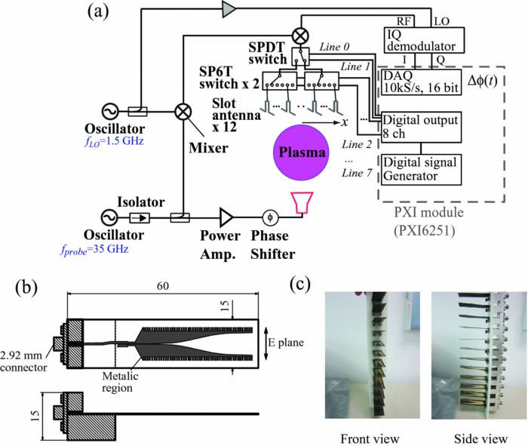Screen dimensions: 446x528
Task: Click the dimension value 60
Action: tap(164, 287)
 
